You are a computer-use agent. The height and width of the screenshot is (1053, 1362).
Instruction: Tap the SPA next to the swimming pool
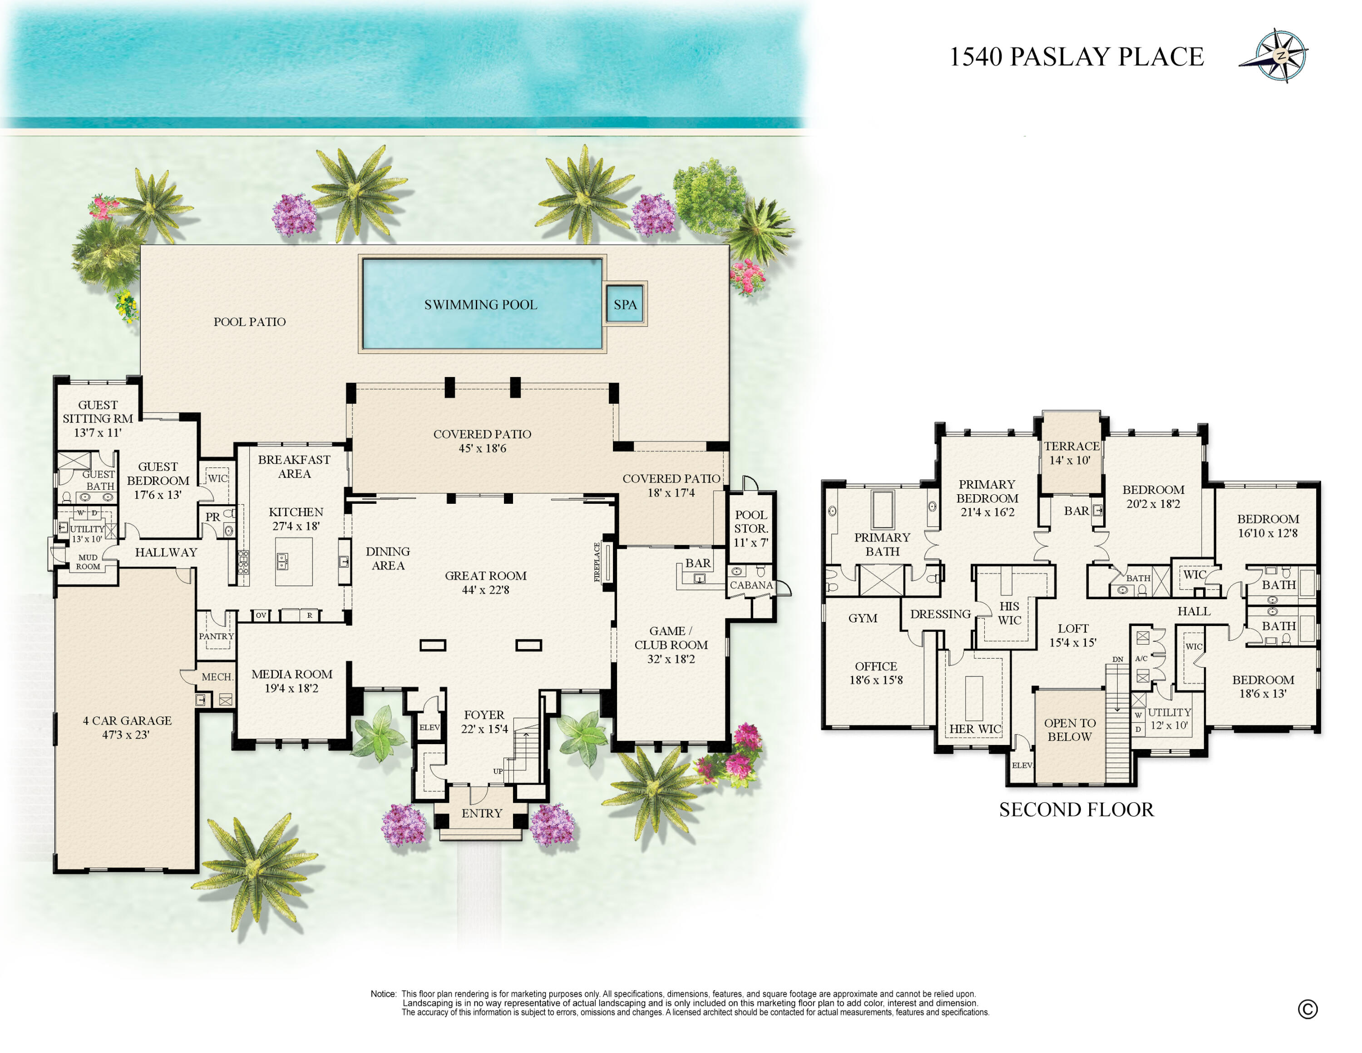point(625,304)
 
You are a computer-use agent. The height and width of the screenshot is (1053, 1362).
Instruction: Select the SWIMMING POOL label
point(480,304)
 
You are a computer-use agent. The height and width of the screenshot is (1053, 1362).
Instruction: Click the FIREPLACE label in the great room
point(597,562)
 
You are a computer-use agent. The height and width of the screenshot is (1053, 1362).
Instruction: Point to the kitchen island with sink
point(293,561)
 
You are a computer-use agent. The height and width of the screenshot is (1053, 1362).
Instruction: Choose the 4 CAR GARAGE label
point(127,720)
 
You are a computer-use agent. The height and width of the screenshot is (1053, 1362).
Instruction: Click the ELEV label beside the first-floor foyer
point(429,727)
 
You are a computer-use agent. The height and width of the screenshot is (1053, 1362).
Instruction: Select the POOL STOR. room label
point(751,528)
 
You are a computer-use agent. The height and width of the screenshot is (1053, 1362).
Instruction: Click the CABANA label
point(751,585)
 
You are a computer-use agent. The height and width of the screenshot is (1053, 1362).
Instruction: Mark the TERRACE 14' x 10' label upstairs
point(1071,453)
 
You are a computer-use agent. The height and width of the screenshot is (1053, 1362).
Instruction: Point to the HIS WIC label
point(1009,613)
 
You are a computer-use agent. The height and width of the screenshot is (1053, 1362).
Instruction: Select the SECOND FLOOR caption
point(1076,810)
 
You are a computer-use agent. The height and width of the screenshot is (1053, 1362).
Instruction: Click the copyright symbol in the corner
point(1308,1009)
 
